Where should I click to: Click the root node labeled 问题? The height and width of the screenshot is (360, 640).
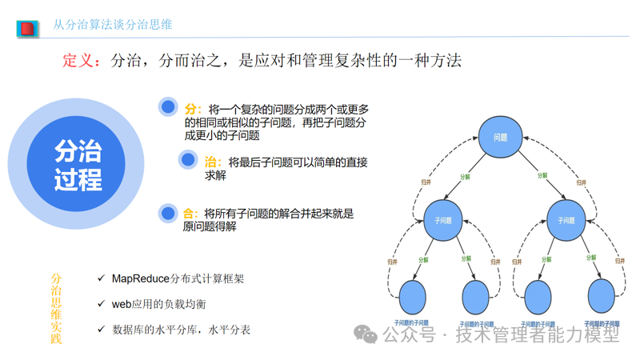tap(500, 138)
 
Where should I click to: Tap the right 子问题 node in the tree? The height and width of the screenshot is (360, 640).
tap(566, 220)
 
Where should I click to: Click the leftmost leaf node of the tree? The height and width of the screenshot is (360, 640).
tap(412, 297)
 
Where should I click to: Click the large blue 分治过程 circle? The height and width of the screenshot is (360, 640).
tap(78, 164)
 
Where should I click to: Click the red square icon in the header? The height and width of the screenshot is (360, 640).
tap(27, 29)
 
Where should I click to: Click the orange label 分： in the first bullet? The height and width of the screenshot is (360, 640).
tap(193, 109)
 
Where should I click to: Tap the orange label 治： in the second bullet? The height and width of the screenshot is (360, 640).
tap(213, 162)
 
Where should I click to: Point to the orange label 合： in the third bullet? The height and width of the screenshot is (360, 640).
tap(190, 214)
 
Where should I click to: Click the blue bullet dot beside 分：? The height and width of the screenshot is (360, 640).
tap(168, 106)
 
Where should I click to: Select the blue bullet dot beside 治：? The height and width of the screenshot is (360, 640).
tap(189, 160)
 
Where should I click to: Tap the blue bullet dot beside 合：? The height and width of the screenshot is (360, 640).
tap(168, 213)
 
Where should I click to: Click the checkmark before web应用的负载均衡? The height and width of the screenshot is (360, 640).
tap(101, 303)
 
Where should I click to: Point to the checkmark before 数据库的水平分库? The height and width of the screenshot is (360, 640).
tap(101, 329)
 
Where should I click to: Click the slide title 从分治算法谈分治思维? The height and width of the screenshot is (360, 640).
tap(113, 25)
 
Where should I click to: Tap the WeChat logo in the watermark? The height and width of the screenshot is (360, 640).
tap(366, 334)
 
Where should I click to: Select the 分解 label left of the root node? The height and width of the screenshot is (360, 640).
tap(466, 177)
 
